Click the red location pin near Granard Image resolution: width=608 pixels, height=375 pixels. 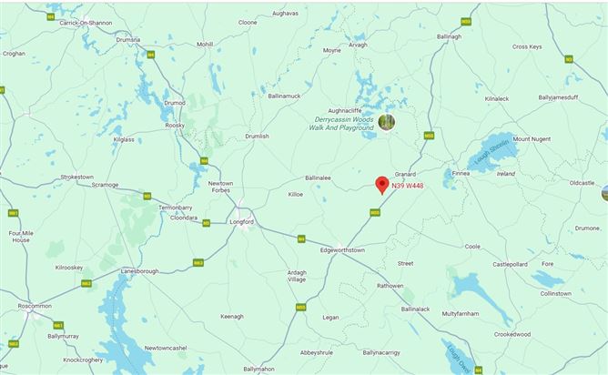point(382,182)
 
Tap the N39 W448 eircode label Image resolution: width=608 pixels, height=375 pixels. point(408,186)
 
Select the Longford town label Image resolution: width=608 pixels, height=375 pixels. point(241,221)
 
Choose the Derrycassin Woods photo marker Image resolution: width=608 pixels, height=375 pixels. point(387,121)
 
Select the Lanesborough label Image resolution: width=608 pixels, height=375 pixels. point(139,270)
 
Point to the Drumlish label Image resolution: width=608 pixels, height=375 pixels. point(258,136)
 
